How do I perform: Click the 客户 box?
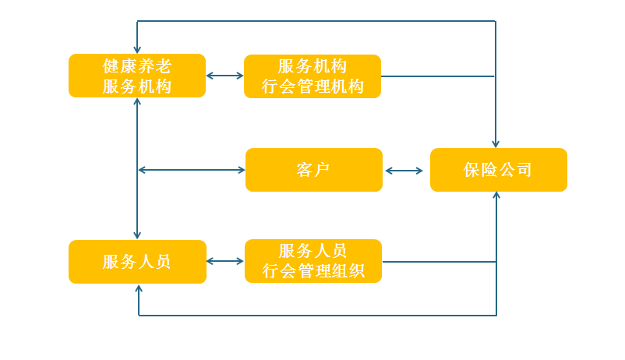(x=313, y=170)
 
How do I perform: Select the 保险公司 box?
(x=498, y=170)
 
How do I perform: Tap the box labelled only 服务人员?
(x=137, y=262)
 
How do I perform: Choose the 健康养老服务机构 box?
(x=137, y=76)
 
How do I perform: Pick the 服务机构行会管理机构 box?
(x=312, y=76)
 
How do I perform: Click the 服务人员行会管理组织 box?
(x=312, y=261)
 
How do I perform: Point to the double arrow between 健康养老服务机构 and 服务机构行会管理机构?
(x=224, y=76)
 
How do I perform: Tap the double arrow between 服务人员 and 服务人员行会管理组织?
(x=225, y=262)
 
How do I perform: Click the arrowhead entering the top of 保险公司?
(x=496, y=143)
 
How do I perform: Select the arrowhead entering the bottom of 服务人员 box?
(x=139, y=289)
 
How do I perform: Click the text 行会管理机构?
(x=312, y=86)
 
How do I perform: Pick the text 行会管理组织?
(x=312, y=271)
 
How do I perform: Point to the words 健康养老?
(x=137, y=66)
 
